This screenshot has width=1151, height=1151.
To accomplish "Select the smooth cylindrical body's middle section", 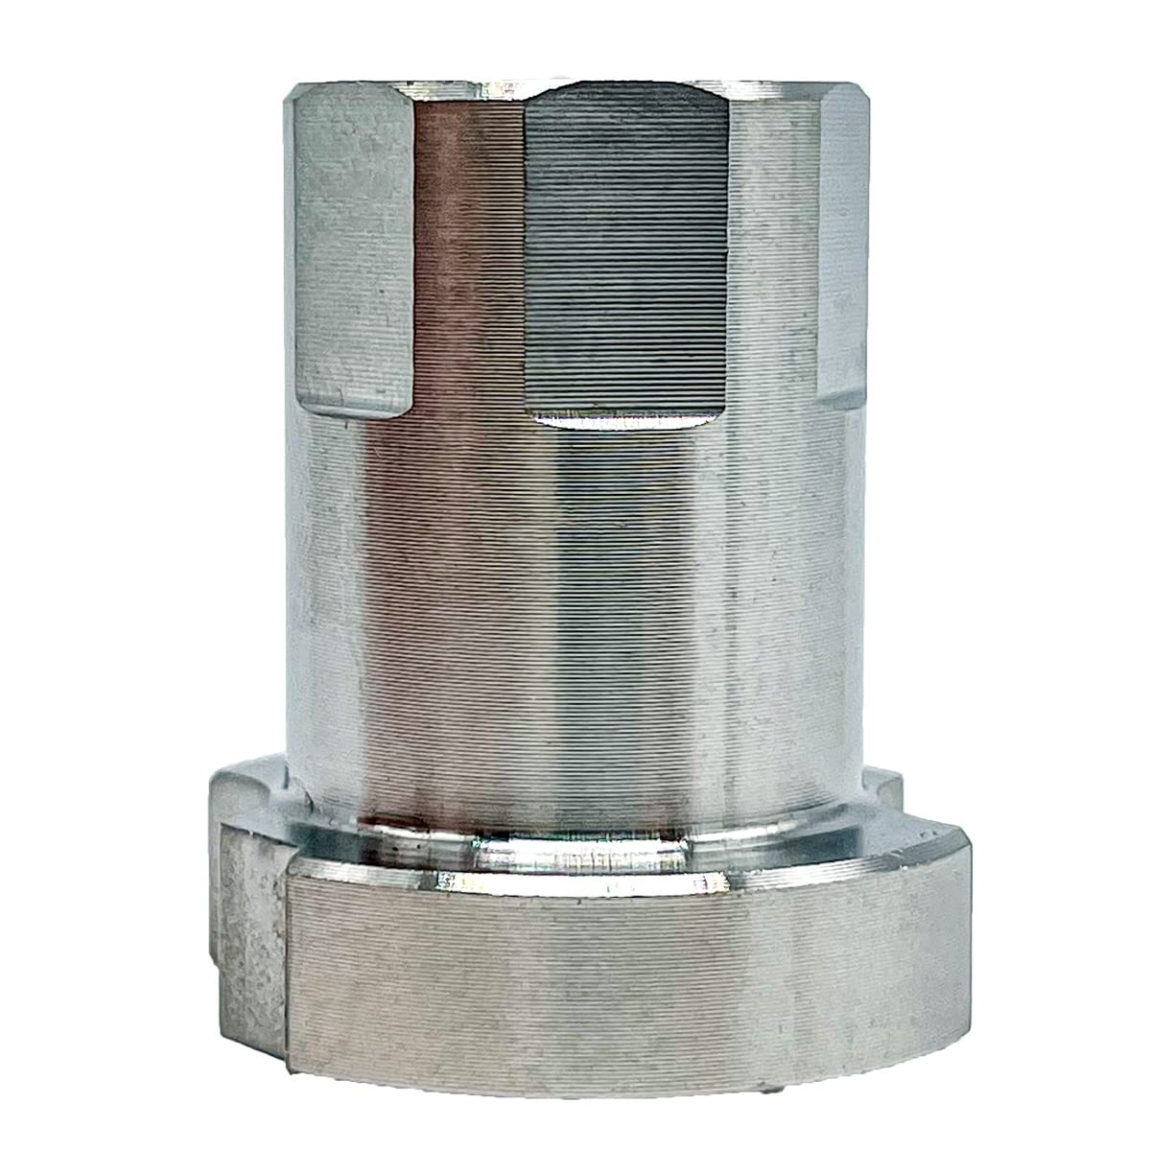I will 575,595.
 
